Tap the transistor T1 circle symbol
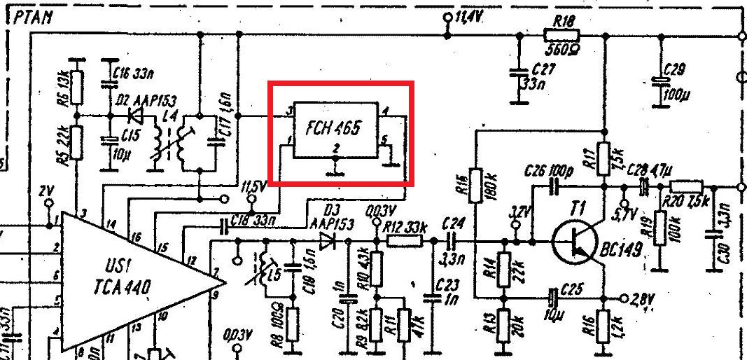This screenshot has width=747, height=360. click(577, 242)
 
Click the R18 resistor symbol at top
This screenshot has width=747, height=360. click(561, 34)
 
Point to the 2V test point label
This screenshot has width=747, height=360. click(46, 191)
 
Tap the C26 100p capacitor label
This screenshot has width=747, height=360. click(548, 171)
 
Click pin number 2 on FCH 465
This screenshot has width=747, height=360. click(336, 148)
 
